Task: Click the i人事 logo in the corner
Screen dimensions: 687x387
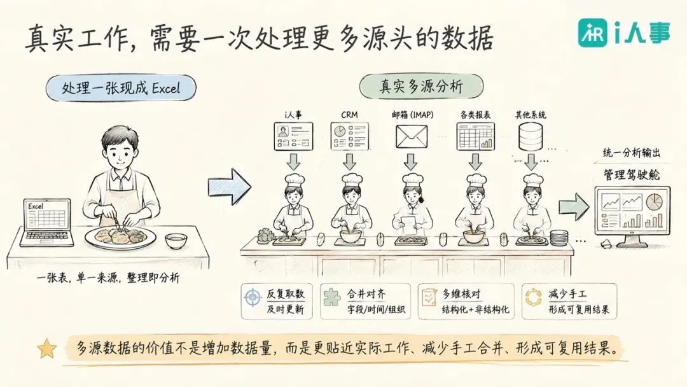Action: [624, 33]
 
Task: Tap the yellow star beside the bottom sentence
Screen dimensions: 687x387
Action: [47, 348]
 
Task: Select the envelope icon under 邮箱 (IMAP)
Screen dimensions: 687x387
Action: [412, 136]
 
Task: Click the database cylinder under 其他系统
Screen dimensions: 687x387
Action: [530, 136]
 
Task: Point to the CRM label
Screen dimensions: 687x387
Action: [349, 115]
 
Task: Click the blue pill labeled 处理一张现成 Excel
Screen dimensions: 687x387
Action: [121, 88]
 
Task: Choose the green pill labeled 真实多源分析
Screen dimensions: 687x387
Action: [421, 86]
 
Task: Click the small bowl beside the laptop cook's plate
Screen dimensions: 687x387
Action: [176, 241]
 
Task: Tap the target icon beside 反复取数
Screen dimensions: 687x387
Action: [253, 298]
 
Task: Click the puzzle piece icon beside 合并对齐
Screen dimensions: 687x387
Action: [331, 297]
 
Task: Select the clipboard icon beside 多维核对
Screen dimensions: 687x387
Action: [429, 297]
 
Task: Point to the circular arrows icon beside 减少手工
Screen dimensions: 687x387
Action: [533, 297]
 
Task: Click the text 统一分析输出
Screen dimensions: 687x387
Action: [632, 153]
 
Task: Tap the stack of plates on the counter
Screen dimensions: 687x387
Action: [559, 238]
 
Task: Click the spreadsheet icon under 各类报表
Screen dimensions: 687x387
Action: [475, 136]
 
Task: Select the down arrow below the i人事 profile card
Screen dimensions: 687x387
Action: [293, 162]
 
